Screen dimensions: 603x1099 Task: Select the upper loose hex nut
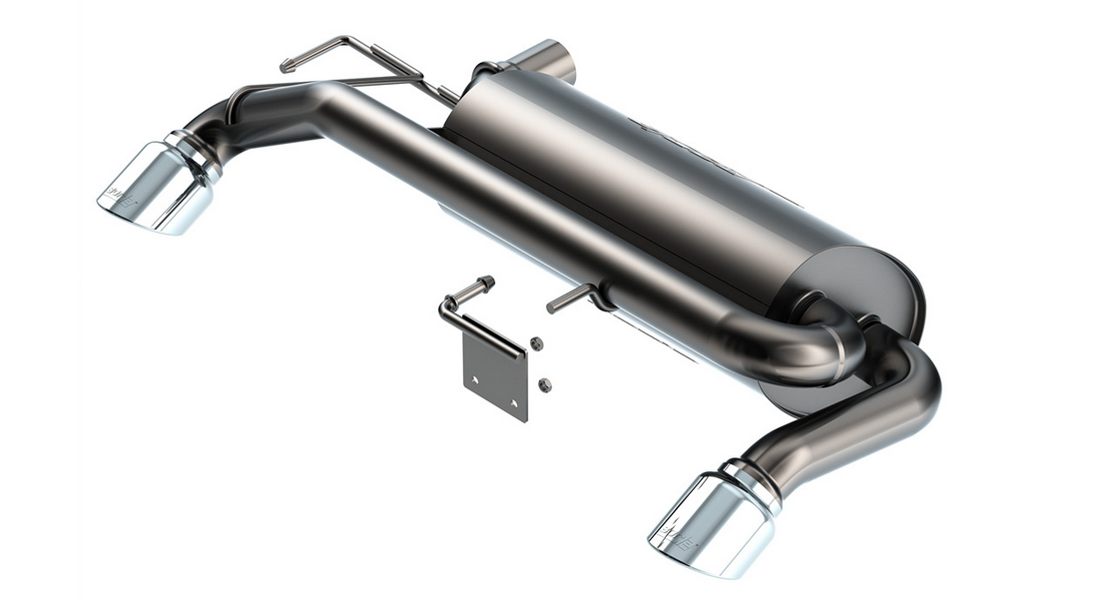click(537, 343)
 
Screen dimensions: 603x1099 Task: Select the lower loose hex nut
click(544, 384)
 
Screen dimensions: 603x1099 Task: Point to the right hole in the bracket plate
click(513, 403)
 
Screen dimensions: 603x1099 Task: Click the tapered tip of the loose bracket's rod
click(488, 282)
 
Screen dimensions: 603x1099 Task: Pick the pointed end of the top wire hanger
click(286, 66)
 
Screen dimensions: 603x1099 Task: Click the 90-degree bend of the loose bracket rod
click(445, 304)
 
